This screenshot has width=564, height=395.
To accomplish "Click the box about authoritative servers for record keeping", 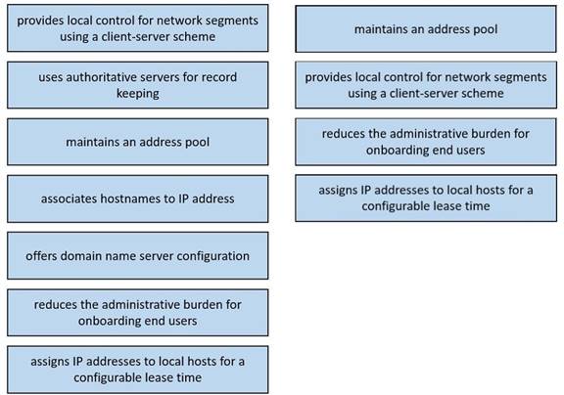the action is click(138, 85).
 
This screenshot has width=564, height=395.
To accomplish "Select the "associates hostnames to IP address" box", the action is click(138, 198).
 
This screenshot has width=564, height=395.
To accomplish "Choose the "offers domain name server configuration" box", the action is click(138, 255).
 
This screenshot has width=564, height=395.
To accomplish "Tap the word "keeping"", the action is click(138, 94).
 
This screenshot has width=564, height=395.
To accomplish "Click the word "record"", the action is click(219, 77).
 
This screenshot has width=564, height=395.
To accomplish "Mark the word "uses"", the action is click(51, 77).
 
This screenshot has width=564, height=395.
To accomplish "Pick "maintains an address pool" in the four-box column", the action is click(426, 29).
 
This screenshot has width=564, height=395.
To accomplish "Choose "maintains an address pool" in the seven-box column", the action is click(138, 142).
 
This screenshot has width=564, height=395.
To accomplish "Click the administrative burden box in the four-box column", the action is click(426, 142).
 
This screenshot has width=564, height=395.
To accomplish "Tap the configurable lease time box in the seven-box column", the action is click(138, 370).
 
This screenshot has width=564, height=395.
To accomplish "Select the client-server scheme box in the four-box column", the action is click(426, 85).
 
